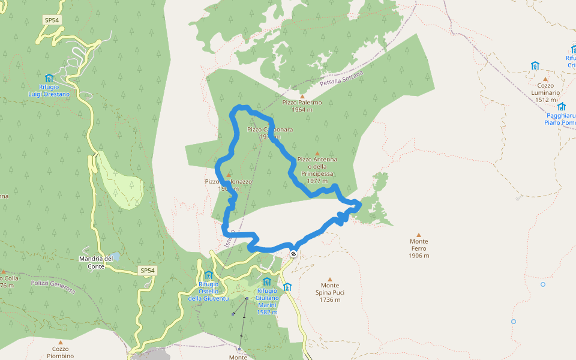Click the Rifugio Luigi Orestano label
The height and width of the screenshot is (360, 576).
(49, 91)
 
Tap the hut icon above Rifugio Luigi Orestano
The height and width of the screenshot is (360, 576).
(49, 78)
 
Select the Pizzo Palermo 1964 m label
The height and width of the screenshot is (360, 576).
(302, 106)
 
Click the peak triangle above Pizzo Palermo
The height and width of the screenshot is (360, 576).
(302, 96)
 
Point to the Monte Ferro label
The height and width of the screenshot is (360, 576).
(419, 248)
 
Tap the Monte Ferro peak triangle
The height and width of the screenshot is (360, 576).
(419, 235)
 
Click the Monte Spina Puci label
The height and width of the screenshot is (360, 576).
(329, 292)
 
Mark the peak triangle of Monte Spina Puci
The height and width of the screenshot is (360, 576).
(329, 279)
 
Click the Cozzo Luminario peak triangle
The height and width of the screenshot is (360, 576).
(545, 79)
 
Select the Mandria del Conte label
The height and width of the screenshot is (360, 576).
(96, 262)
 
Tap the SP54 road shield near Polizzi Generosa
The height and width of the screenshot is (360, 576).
(148, 271)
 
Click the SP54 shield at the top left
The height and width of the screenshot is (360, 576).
(52, 20)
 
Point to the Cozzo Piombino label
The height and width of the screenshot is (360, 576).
(60, 352)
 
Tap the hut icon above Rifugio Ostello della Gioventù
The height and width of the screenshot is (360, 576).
(209, 275)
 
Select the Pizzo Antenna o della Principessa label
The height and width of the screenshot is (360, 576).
(317, 170)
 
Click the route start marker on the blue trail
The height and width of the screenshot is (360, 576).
(293, 253)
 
